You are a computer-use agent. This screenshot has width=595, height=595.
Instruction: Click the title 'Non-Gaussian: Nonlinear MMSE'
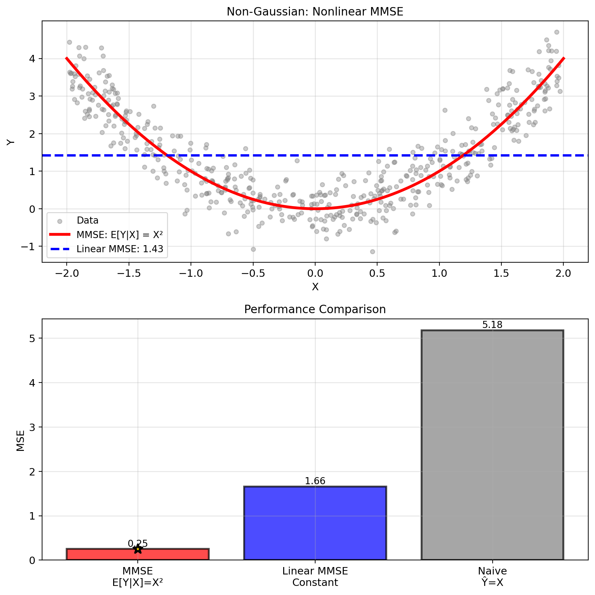coord(315,12)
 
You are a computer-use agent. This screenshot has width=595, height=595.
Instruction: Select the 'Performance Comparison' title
coord(315,309)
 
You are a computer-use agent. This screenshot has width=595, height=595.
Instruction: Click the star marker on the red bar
coord(138,549)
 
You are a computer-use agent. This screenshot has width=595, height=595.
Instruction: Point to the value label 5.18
coord(492,325)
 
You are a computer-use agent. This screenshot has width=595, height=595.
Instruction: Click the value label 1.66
coord(315,481)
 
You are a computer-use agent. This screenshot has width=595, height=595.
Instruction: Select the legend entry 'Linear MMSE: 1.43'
coord(120,249)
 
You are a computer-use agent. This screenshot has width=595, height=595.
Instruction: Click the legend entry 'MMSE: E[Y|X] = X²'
coord(120,235)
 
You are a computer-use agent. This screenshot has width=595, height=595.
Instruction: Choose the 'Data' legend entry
coord(88,221)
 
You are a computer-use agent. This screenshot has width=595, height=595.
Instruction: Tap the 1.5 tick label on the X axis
coord(501,273)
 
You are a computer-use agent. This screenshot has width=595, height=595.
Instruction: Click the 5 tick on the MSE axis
coord(32,338)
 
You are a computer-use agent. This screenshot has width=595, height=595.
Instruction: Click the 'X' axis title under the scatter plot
coord(315,287)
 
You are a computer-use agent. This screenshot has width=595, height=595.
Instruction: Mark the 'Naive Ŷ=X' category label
coord(492,576)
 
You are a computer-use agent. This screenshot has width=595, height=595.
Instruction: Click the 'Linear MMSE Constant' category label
coord(315,576)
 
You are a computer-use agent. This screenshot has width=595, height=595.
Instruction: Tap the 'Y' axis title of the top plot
coord(11,142)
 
